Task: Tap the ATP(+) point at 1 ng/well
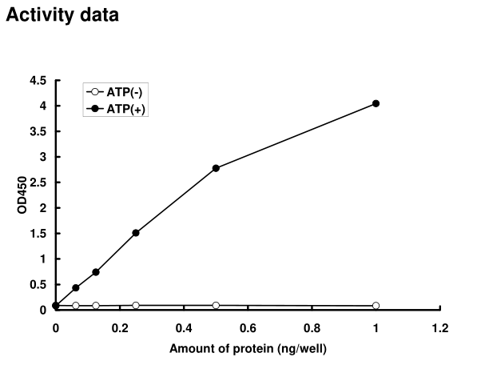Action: click(x=376, y=103)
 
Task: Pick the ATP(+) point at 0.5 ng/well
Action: click(x=216, y=168)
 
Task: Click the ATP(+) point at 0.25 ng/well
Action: click(x=136, y=233)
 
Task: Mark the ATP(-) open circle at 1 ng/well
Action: click(x=376, y=306)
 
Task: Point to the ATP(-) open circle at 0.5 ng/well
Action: click(x=216, y=305)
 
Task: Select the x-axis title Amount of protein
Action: click(x=248, y=349)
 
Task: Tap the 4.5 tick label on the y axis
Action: click(x=38, y=81)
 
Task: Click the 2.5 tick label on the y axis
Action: click(x=38, y=182)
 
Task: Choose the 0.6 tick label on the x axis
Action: click(x=248, y=327)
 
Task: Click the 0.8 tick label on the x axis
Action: click(x=312, y=327)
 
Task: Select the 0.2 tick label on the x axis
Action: click(x=120, y=327)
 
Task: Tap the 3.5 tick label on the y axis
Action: click(x=38, y=132)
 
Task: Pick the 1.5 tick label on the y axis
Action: click(x=38, y=234)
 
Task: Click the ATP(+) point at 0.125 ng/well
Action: click(x=96, y=272)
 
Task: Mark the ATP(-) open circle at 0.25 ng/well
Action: click(x=136, y=305)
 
